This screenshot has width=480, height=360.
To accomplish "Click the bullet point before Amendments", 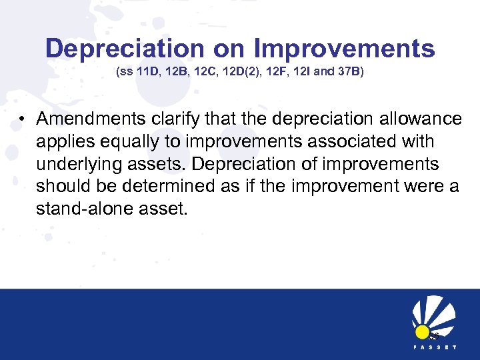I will (23, 120).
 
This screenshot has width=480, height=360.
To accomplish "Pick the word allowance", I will (419, 119).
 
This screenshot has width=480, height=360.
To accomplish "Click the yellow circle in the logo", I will (422, 332).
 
